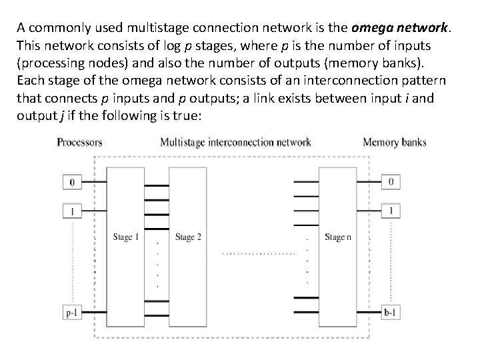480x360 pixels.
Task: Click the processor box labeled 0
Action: [x=71, y=181]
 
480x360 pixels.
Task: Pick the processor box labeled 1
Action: [x=71, y=211]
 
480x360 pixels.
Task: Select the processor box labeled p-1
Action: [x=71, y=311]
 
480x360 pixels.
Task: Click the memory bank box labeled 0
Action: [x=391, y=181]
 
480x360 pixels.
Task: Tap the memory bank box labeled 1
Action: [x=391, y=211]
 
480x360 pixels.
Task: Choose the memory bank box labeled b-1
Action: [x=391, y=311]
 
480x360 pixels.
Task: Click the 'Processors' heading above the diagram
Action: [x=79, y=142]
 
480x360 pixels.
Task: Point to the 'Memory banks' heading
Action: [x=394, y=142]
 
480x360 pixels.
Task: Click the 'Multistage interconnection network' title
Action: [x=235, y=142]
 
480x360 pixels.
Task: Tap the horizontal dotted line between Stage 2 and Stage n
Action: [x=258, y=253]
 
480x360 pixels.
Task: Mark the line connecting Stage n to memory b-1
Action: [x=369, y=311]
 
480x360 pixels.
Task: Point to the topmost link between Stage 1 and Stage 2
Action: [x=157, y=185]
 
